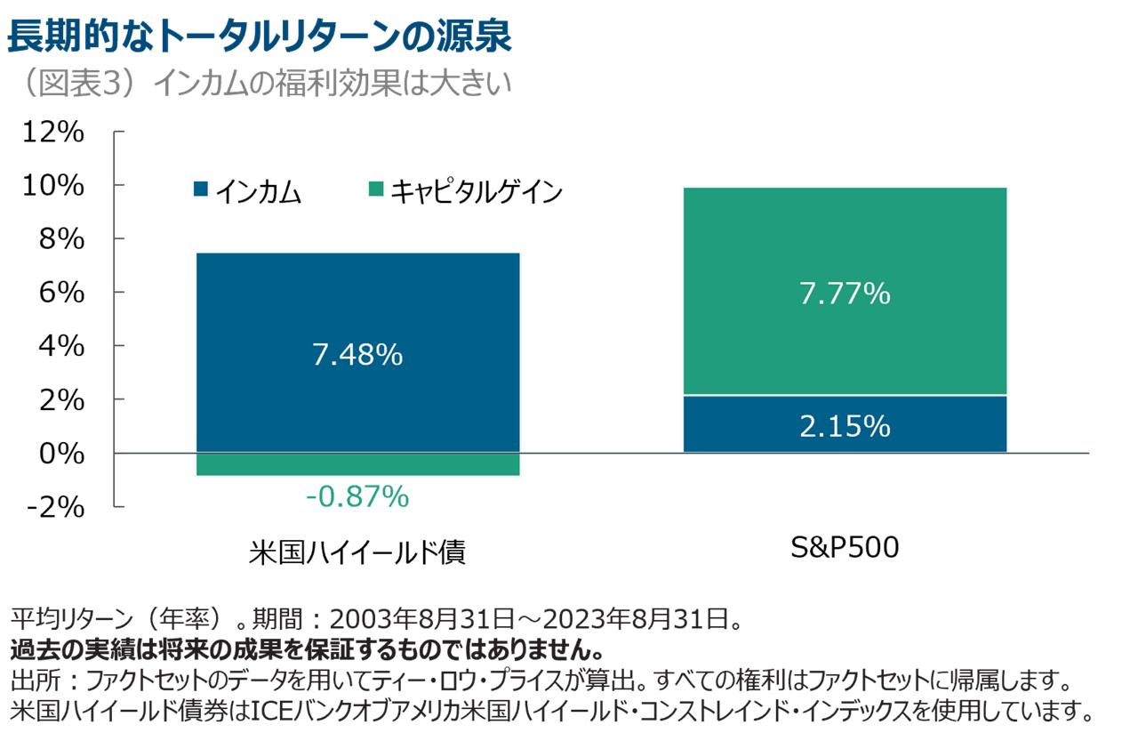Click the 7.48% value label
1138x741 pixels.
click(x=357, y=356)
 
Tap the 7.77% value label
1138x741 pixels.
click(x=845, y=293)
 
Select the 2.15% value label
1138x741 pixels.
click(x=845, y=427)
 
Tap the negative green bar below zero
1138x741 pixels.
click(x=357, y=464)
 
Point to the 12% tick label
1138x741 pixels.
click(x=54, y=133)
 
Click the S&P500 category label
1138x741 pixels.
click(x=845, y=548)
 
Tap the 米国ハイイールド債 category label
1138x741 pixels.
click(x=357, y=552)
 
